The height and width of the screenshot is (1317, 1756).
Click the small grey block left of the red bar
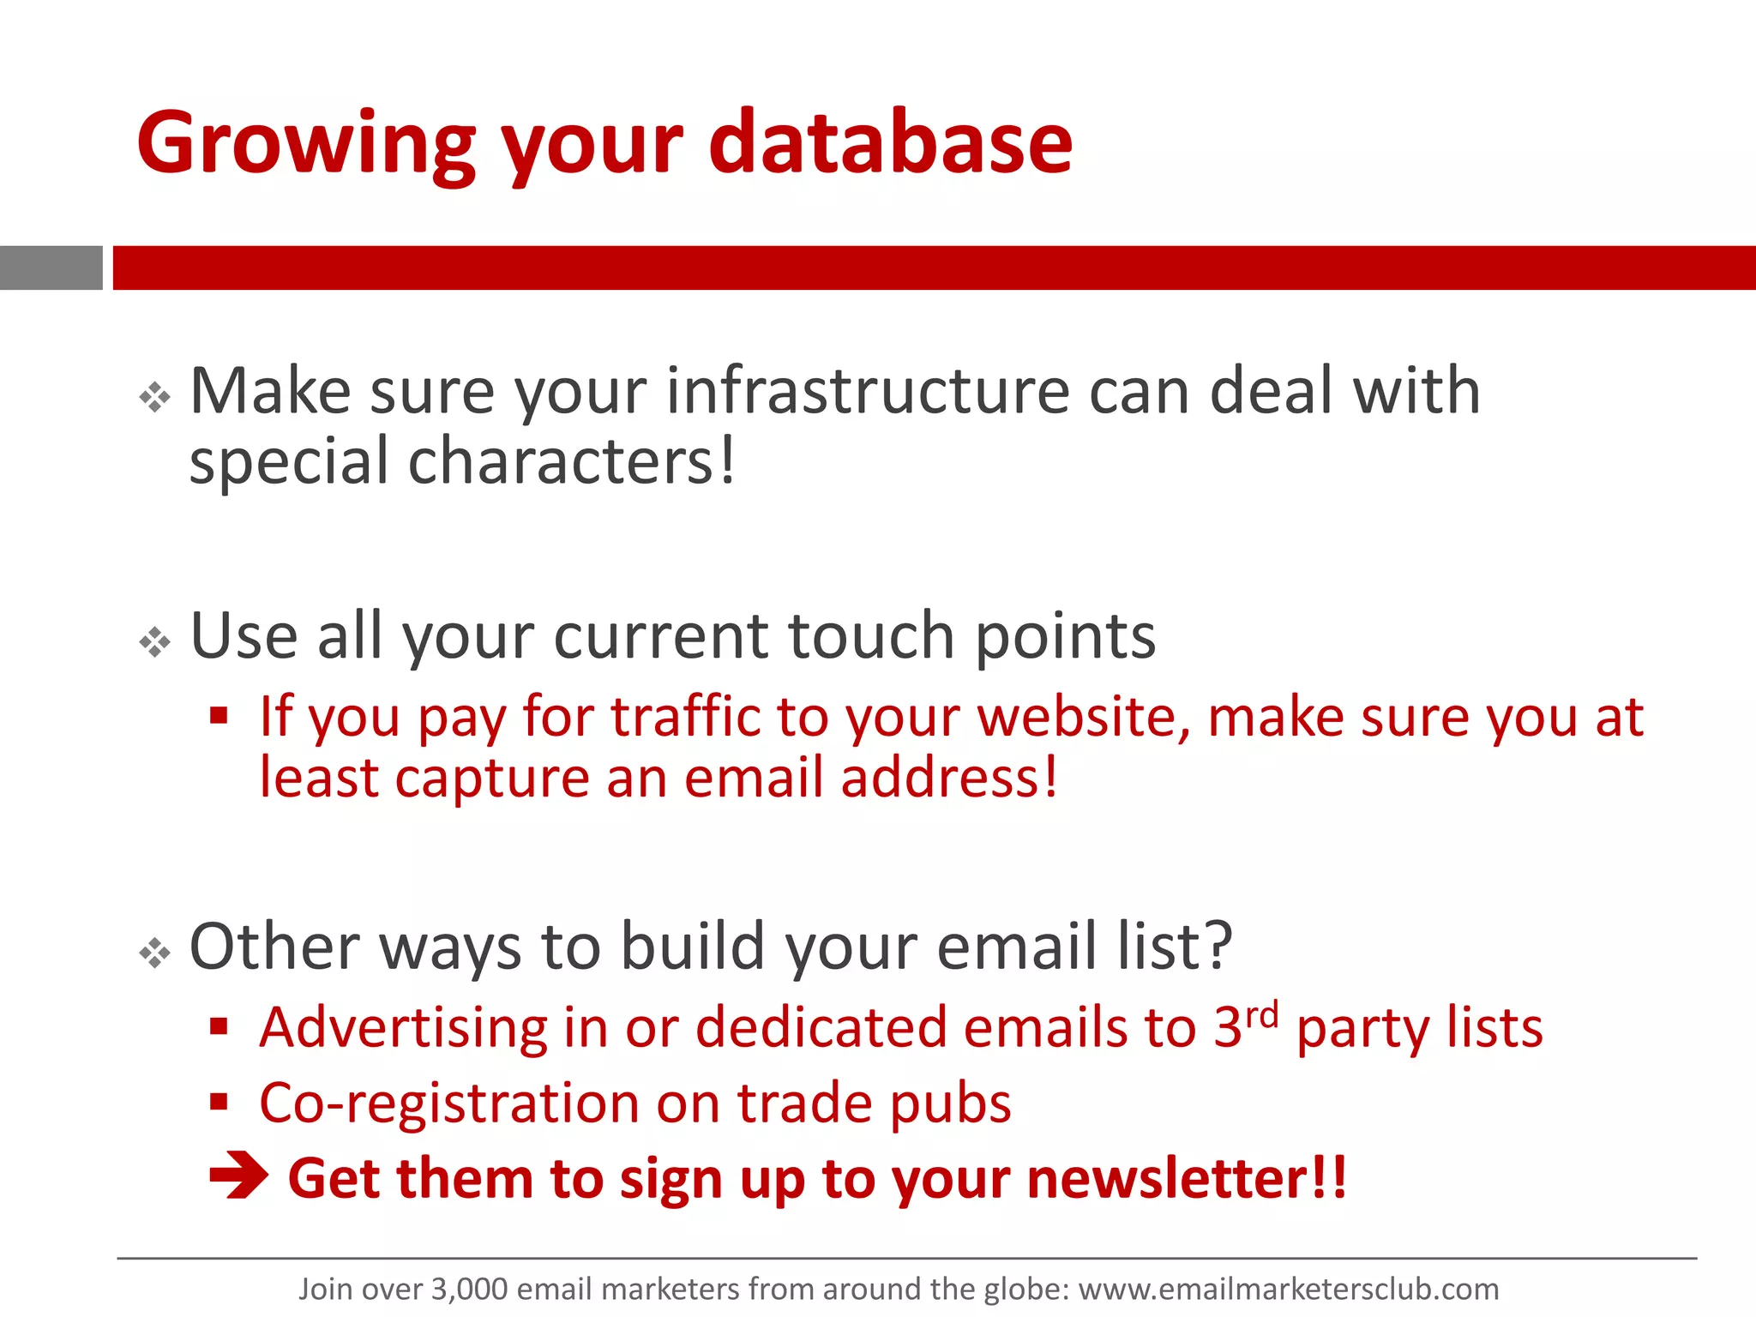coord(51,268)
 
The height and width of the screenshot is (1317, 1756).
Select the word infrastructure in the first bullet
coord(868,392)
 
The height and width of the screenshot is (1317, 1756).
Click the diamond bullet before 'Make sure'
coord(155,397)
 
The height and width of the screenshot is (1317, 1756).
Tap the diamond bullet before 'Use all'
coord(155,641)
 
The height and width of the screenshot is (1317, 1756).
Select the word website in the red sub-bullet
coord(1084,717)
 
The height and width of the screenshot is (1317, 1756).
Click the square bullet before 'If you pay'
coord(219,715)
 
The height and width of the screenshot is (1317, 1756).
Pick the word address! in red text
coord(949,779)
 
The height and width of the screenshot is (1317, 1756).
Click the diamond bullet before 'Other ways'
coord(155,953)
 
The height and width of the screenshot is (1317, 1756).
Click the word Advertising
coord(403,1028)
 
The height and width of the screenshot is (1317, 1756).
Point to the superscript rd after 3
coord(1262,1015)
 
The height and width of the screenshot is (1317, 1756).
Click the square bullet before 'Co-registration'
coord(219,1101)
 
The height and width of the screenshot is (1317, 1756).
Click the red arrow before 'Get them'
coord(238,1177)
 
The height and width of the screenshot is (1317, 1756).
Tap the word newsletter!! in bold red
coord(1187,1178)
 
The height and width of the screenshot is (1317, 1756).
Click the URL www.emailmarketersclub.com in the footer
coord(1288,1290)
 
